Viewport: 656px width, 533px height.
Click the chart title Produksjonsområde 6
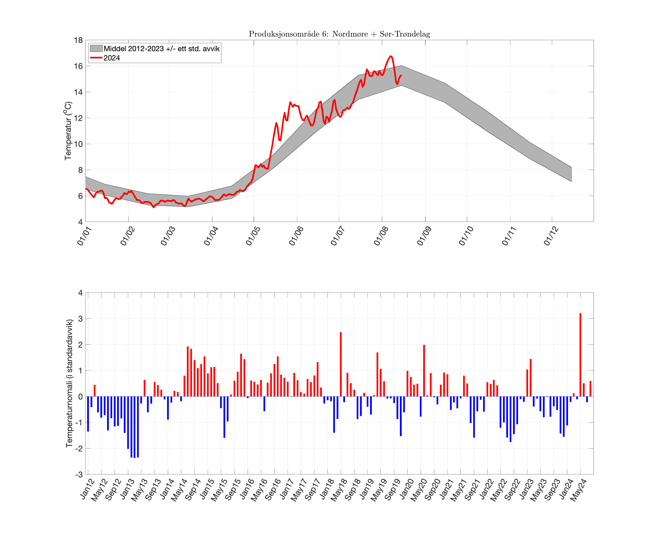coord(339,34)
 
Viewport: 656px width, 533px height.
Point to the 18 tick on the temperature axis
coord(78,40)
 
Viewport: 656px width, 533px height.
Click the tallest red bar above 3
coord(580,355)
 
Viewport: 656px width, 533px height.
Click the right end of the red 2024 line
coord(401,75)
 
